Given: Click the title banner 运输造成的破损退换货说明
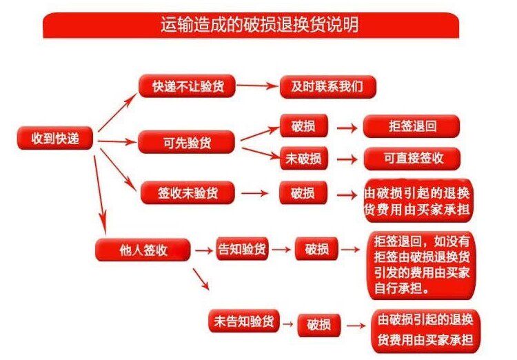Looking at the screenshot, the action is [x=251, y=25].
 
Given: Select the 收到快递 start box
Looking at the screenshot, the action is [x=55, y=138].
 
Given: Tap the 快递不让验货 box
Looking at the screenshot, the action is [x=187, y=86].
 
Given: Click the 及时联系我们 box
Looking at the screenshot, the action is [x=327, y=86].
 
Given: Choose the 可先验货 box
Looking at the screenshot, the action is [x=187, y=142].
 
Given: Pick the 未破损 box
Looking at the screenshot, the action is [x=304, y=159].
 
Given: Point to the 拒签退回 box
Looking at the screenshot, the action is [x=412, y=126].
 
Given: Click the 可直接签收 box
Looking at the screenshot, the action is [x=412, y=159].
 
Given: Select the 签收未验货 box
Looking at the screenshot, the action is [x=187, y=192].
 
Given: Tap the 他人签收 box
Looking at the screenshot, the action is [x=143, y=250].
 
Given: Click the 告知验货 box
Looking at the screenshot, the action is [x=243, y=249].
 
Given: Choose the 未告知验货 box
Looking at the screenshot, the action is [x=243, y=321].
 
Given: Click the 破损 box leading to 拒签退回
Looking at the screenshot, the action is [x=304, y=126].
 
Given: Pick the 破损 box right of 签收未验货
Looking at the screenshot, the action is [x=303, y=192].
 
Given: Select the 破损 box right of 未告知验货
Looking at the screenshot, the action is [x=319, y=326].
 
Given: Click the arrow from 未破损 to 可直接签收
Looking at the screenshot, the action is [x=347, y=159].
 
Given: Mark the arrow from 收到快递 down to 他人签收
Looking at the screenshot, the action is [x=101, y=195].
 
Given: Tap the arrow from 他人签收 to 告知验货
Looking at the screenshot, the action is [x=204, y=250].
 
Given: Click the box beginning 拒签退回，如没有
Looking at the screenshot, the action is [x=422, y=266].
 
